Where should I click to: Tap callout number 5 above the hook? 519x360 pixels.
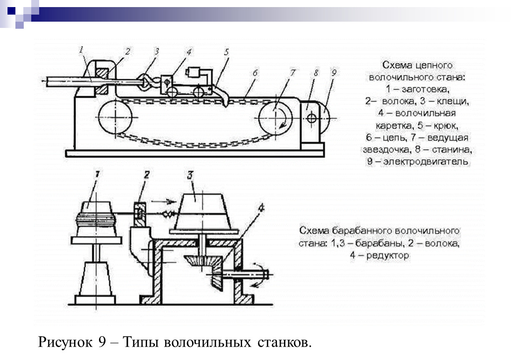click(x=226, y=53)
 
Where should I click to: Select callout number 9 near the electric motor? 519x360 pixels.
click(x=333, y=72)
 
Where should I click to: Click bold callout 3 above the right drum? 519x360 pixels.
click(x=190, y=174)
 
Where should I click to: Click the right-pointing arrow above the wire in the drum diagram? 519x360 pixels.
click(x=162, y=201)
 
